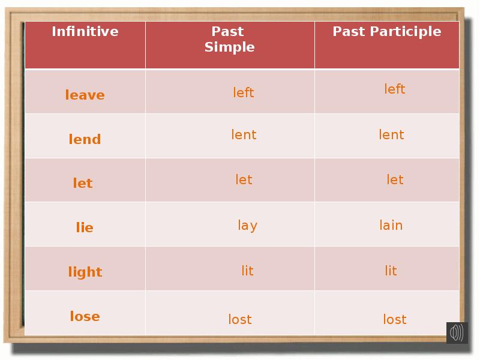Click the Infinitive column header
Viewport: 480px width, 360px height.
click(85, 32)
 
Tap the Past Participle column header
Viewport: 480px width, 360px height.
click(387, 32)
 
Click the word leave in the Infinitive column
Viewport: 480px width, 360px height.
click(85, 95)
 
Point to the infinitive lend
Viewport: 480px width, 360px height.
click(85, 139)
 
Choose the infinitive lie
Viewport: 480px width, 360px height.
click(85, 227)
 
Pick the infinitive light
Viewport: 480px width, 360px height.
click(85, 272)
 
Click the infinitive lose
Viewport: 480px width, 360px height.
click(85, 316)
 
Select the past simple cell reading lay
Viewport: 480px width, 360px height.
click(247, 226)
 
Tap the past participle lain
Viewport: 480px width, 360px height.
click(391, 226)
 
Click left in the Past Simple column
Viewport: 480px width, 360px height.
click(244, 92)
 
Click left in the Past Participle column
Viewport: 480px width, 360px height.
click(395, 89)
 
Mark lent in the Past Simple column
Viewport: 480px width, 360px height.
click(244, 135)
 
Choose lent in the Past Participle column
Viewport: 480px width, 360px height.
click(391, 135)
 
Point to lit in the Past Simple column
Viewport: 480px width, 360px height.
click(247, 271)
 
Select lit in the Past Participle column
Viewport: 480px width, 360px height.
click(391, 271)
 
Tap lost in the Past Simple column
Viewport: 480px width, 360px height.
click(240, 320)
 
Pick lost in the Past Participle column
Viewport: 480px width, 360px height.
click(395, 320)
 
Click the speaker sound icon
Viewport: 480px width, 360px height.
click(457, 332)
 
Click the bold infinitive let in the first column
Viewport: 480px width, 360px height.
click(83, 183)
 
